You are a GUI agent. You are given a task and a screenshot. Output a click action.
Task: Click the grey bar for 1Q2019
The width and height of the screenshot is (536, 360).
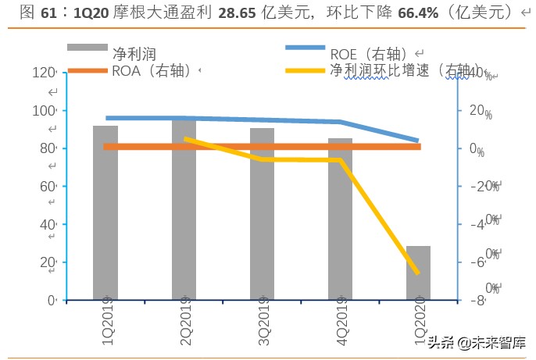click(105, 212)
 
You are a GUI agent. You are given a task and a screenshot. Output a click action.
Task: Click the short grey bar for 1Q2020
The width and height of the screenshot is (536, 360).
click(418, 273)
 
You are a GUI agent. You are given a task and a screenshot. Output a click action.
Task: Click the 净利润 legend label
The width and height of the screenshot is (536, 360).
click(134, 54)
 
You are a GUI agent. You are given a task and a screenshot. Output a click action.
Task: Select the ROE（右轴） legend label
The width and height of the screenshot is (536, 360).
click(366, 54)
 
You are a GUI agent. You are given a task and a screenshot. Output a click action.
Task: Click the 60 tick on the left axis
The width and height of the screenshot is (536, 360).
click(46, 186)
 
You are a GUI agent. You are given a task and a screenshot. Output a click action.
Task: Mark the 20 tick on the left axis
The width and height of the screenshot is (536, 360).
click(46, 262)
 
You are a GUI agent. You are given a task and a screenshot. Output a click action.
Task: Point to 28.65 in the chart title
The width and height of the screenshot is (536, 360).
click(246, 12)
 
